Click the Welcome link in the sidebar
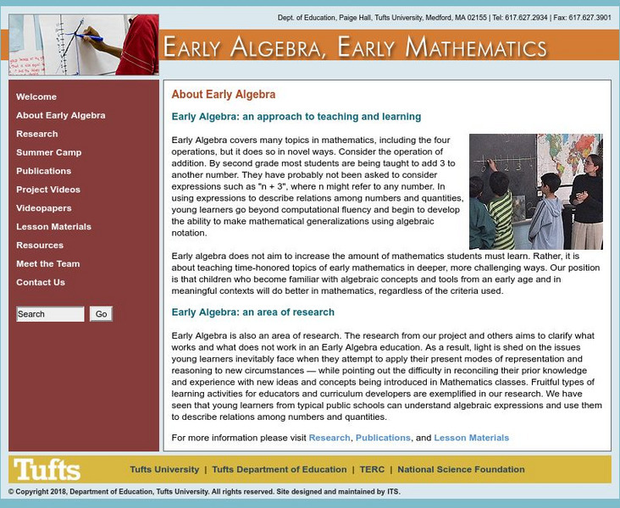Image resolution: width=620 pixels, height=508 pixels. coord(36,97)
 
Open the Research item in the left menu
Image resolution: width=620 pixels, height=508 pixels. coord(37,134)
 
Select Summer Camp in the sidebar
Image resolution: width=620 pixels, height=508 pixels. coord(49,152)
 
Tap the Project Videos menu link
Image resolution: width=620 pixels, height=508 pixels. coord(48,190)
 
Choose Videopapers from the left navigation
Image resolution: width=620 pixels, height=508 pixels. coord(44,208)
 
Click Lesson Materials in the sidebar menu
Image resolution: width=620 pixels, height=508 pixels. coord(53,227)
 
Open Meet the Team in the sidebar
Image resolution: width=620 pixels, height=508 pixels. coord(47,264)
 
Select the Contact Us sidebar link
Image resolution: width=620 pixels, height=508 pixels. coord(41,283)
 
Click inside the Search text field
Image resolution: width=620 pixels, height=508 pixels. coord(50,314)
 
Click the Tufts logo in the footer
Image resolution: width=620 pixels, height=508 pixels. coord(47,469)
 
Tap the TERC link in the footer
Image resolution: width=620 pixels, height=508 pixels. coord(372,469)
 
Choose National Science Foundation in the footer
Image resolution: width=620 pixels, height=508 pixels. coord(461,469)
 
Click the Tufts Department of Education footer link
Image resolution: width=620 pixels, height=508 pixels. coord(279,469)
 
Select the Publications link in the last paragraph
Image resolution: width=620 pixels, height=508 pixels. coord(383,438)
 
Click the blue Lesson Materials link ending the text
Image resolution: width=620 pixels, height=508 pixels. coord(471,438)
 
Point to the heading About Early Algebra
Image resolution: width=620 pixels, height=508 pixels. coord(224,95)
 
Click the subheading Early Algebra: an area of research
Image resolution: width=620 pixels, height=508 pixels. coord(253,312)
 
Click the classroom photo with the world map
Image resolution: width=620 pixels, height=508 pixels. coord(535,191)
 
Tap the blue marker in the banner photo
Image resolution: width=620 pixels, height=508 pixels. coord(88,36)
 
